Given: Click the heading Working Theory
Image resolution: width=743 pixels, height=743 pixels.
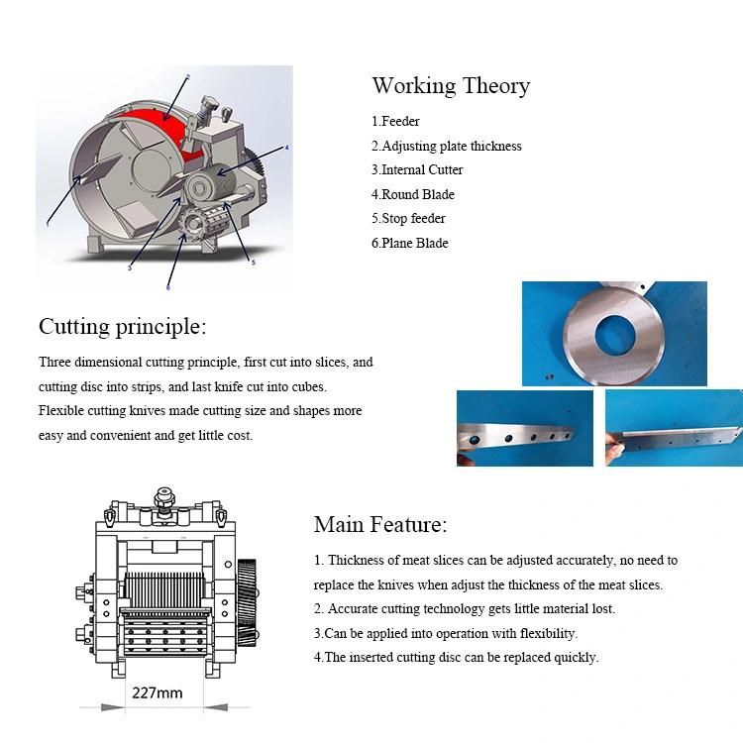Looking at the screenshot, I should pos(451,86).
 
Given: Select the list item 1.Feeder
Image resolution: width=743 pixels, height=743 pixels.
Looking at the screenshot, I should pos(396,122).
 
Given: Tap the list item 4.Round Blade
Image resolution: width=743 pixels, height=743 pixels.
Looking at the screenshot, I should pos(413,194).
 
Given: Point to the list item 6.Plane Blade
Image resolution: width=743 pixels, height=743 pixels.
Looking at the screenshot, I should pos(410,243).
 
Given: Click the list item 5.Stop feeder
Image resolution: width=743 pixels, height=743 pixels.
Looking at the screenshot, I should pos(408,218).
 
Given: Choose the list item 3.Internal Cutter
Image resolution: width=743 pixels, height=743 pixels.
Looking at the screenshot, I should pos(417,169).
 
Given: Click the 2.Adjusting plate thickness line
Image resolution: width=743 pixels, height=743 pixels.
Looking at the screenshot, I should pos(447,146).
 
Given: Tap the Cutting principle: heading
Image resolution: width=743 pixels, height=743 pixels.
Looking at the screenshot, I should pos(122,327).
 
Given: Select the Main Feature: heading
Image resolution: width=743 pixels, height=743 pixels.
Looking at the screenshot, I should pos(380,524).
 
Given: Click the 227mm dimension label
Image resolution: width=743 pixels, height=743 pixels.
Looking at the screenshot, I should pos(158,692).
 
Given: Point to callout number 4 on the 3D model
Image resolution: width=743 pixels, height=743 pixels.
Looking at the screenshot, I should pos(286,148).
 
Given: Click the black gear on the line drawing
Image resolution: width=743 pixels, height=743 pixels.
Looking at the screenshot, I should pos(248,603).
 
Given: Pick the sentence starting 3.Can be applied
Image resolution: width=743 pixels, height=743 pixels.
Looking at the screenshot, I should pos(446,633).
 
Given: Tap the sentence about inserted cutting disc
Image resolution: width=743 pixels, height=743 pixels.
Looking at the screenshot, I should pos(457,657).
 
